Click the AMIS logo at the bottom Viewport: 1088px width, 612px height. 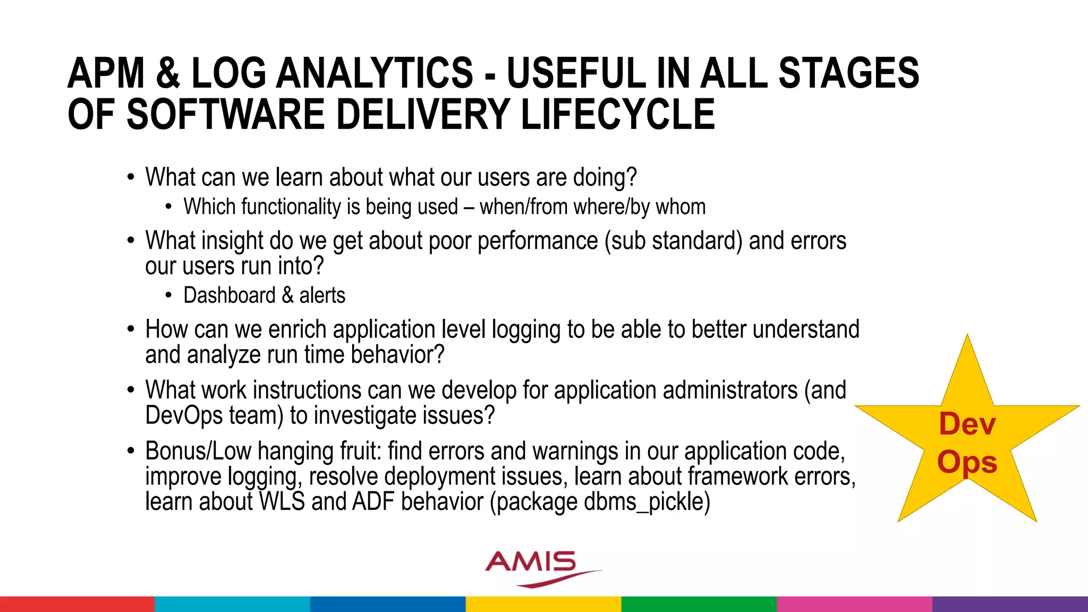537,567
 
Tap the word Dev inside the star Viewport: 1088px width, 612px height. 967,424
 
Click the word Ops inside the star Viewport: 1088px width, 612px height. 967,462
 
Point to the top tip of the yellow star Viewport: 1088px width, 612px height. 967,338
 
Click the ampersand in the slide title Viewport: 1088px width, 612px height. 167,73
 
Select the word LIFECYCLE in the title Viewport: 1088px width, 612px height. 617,115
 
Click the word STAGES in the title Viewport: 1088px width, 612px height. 848,73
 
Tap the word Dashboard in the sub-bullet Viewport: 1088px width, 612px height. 229,295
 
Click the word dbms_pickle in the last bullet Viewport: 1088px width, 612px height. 643,501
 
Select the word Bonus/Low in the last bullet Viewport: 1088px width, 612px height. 198,452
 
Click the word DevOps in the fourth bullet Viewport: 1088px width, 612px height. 184,415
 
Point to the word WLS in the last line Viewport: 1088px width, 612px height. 282,501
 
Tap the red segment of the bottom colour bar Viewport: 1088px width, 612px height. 77,604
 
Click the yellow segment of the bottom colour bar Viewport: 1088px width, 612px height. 543,604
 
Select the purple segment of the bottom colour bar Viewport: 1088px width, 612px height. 1009,604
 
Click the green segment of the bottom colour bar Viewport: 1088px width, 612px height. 699,604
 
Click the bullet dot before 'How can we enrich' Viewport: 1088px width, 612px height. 131,330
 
